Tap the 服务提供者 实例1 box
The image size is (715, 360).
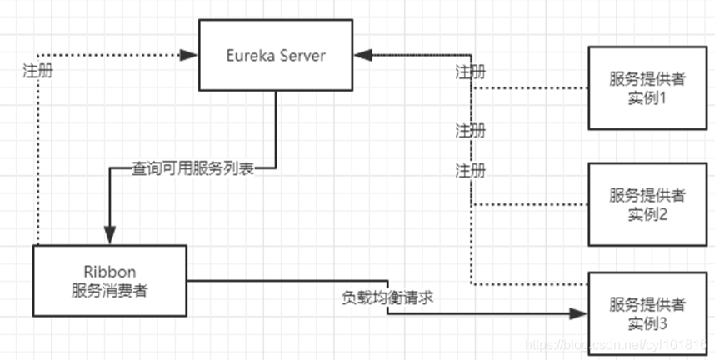(x=647, y=88)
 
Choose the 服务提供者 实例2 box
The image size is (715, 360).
(x=647, y=203)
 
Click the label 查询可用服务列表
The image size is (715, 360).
(x=193, y=168)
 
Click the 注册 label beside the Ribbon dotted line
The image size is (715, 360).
(x=39, y=71)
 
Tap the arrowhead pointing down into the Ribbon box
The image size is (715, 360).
(x=108, y=236)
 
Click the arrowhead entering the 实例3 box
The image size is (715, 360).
(x=580, y=313)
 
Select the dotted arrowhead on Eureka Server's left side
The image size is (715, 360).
(x=190, y=55)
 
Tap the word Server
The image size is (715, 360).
(x=303, y=56)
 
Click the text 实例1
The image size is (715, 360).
(x=647, y=98)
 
